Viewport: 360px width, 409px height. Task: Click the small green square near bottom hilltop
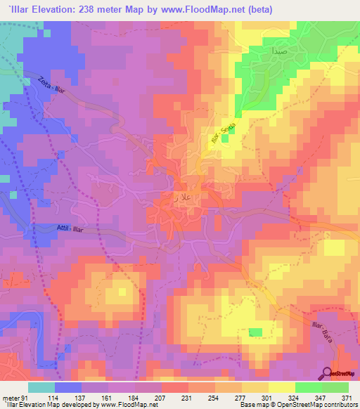click(x=255, y=332)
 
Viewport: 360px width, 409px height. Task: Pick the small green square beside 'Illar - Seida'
click(x=225, y=139)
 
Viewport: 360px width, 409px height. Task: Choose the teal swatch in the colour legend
click(x=41, y=387)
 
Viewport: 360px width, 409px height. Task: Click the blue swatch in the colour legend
click(x=68, y=387)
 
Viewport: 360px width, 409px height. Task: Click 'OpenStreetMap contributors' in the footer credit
click(x=320, y=405)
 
